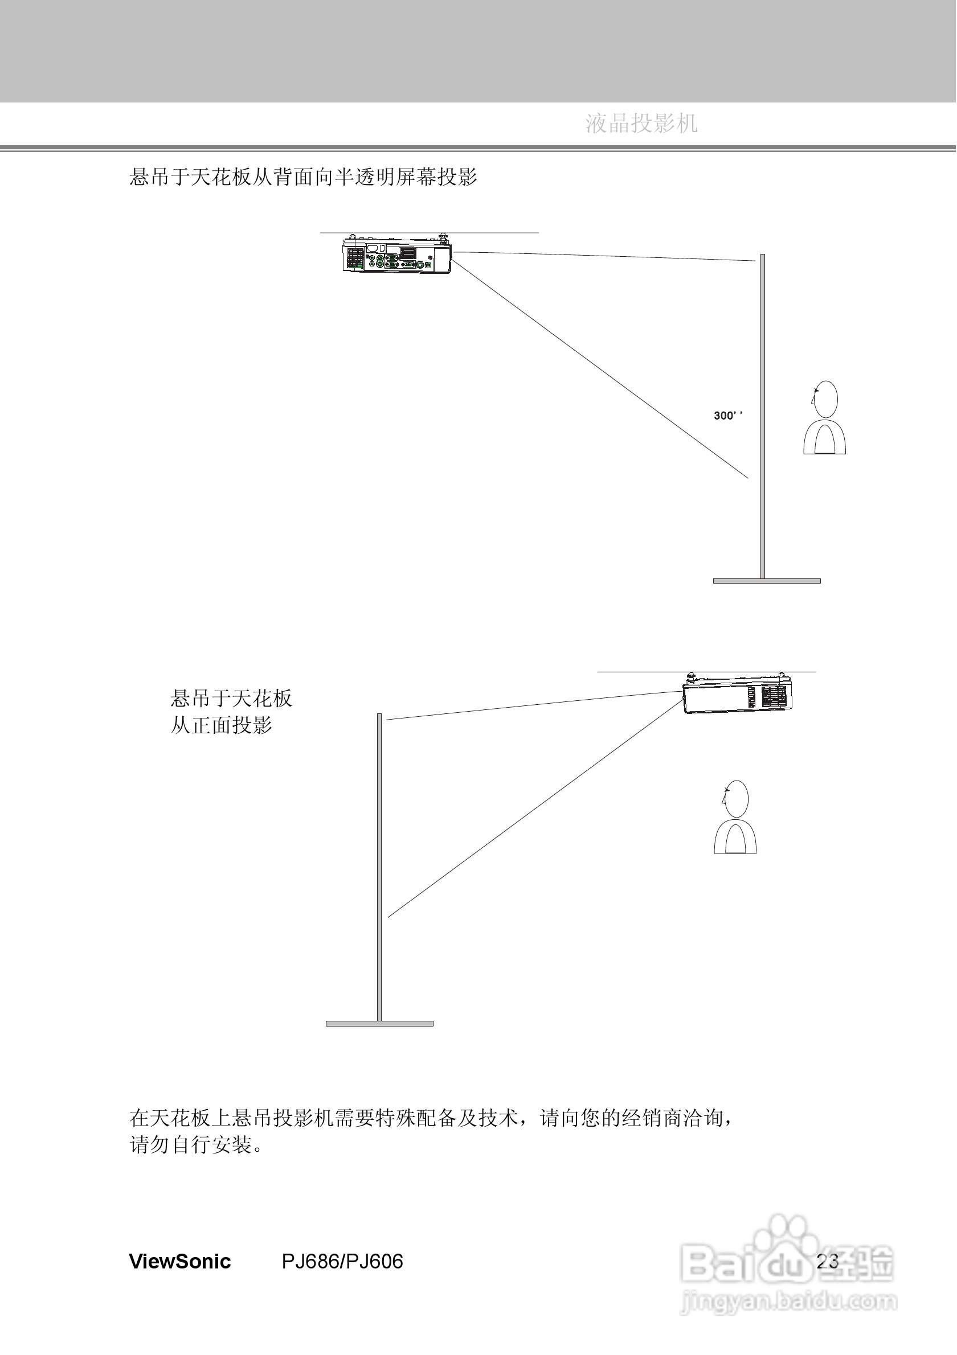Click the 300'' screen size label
click(x=727, y=416)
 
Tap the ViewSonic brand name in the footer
click(x=179, y=1261)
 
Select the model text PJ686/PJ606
click(x=342, y=1261)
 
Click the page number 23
click(x=827, y=1261)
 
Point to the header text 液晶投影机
click(x=641, y=124)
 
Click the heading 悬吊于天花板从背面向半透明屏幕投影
click(x=303, y=176)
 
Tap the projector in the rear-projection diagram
click(x=397, y=255)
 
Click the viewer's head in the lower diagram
click(x=735, y=799)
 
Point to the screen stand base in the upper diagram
click(x=766, y=581)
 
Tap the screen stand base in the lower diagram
click(x=379, y=1023)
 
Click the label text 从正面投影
click(x=222, y=725)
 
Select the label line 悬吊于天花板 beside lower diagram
click(x=231, y=699)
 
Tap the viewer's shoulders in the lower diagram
click(x=735, y=837)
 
